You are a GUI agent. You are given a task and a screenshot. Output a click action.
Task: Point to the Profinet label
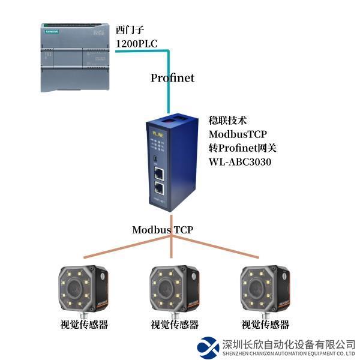172,78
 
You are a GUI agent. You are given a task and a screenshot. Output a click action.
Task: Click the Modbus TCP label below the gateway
163,230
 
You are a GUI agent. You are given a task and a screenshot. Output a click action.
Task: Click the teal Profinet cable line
169,84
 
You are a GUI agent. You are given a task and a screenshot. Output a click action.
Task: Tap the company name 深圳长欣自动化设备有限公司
288,344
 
